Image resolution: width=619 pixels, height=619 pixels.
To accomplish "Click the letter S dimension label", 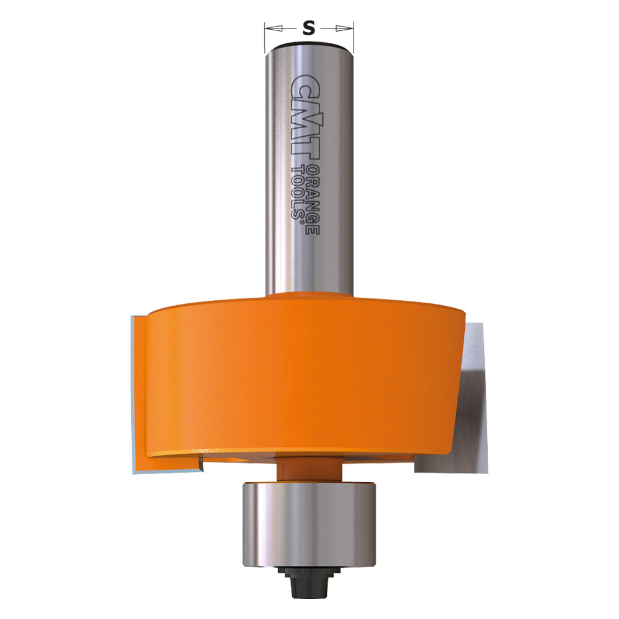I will click(x=309, y=28).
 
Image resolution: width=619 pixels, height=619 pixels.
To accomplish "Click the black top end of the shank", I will click(x=309, y=45).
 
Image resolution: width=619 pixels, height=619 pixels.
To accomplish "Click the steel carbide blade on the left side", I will click(x=138, y=396).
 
